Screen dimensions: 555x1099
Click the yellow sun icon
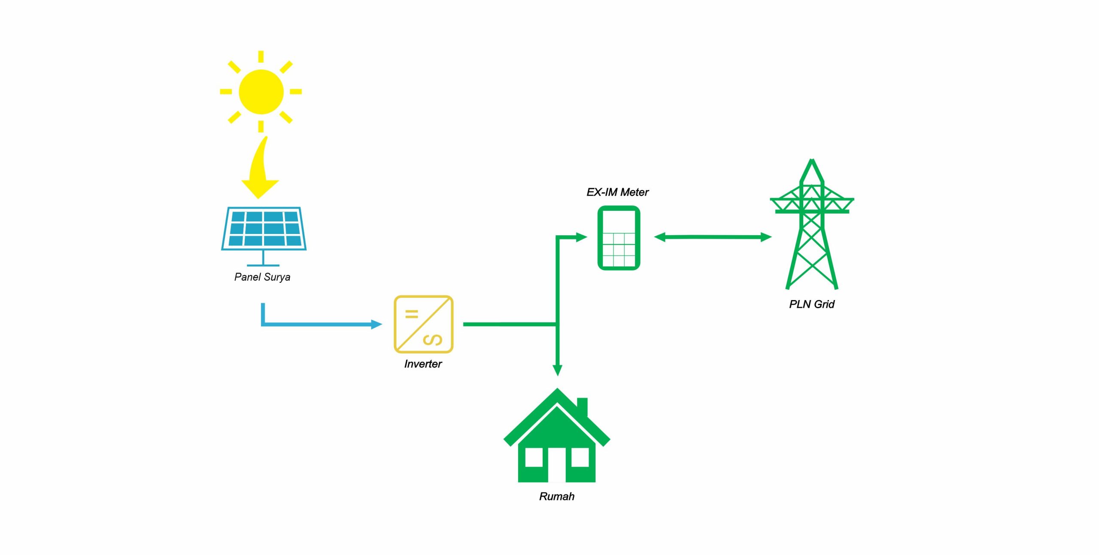point(261,91)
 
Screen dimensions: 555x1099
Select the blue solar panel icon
point(264,229)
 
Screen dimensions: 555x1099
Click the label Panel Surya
point(262,277)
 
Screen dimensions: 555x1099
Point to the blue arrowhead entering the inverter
point(376,324)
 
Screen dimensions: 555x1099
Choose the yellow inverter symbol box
point(423,324)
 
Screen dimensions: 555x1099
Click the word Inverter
point(423,364)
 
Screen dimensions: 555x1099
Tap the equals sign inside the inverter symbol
point(412,314)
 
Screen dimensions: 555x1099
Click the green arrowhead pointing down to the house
point(557,370)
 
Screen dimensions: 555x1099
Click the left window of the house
point(534,458)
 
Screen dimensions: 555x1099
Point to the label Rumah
point(557,497)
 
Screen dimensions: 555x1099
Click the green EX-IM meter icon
point(619,238)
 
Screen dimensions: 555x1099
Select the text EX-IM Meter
point(617,192)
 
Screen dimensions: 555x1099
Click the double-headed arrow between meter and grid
point(713,237)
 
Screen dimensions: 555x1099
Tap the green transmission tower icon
point(811,225)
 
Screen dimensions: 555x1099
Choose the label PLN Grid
point(811,304)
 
